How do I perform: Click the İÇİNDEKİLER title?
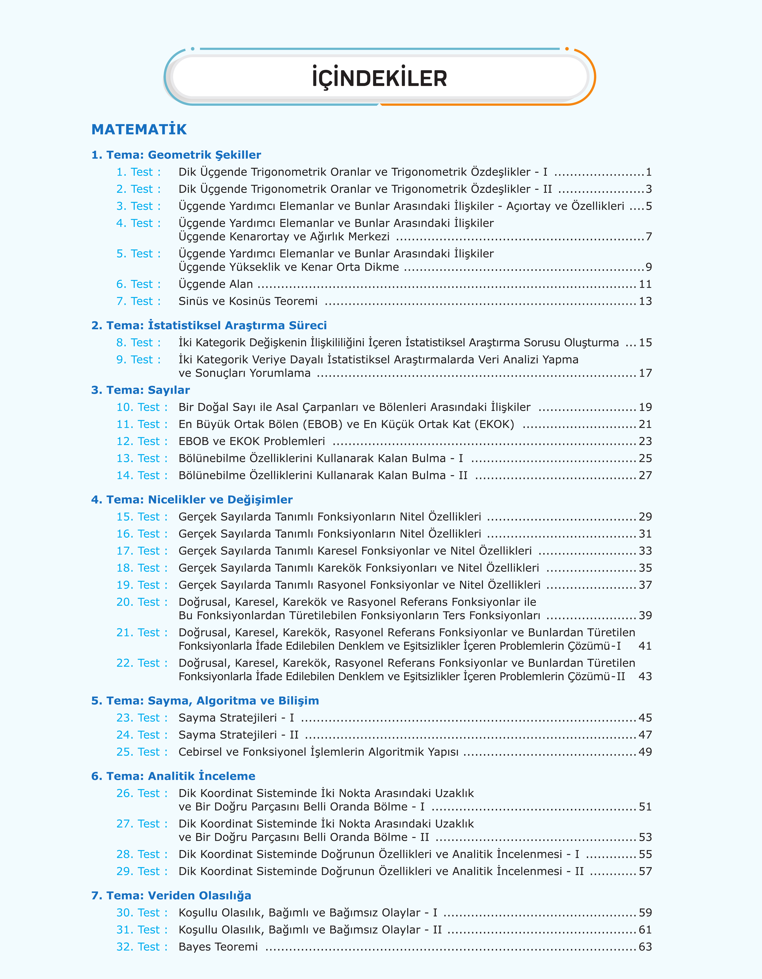379,78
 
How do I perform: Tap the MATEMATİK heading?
139,130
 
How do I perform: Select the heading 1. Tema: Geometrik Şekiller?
176,155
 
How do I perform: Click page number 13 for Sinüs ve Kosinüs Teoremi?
645,301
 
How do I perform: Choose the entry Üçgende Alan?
216,284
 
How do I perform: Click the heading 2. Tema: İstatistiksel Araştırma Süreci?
209,325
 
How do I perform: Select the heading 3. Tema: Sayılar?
140,390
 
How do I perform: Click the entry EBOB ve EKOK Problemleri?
252,441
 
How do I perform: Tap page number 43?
645,676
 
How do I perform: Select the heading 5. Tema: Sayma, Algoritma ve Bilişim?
205,701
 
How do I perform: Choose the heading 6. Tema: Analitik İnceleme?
173,776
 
